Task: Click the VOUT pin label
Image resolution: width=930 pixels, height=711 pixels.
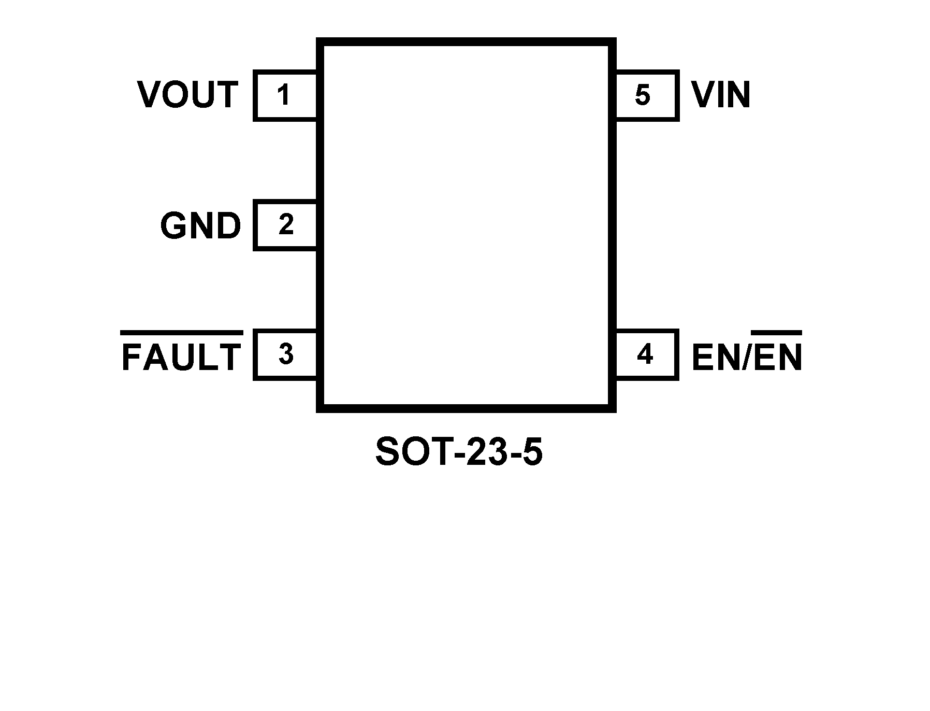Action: [x=187, y=95]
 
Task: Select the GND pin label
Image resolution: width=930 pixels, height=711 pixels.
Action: [x=200, y=226]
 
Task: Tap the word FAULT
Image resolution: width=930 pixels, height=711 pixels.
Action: [x=181, y=357]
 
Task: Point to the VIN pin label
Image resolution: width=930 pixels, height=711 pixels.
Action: [x=721, y=95]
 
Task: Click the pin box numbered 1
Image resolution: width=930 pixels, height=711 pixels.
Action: [x=285, y=95]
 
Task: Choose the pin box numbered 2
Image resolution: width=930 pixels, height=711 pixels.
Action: [x=285, y=225]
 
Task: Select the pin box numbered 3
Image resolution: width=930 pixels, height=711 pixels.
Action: [x=285, y=355]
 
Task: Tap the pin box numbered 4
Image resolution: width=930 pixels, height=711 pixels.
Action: [x=646, y=355]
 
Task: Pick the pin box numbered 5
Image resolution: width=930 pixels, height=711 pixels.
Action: [x=646, y=95]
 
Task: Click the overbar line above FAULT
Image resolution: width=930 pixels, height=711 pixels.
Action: [x=181, y=332]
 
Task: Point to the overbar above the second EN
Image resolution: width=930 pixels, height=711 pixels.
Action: [x=776, y=332]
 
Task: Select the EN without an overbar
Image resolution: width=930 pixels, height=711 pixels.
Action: [x=716, y=357]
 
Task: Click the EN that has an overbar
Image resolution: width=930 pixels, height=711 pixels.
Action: [x=777, y=357]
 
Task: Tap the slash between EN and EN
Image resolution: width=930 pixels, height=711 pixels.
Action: [x=746, y=357]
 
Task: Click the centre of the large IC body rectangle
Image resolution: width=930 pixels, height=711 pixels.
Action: [x=466, y=225]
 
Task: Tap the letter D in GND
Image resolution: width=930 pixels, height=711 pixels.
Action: [x=228, y=226]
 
